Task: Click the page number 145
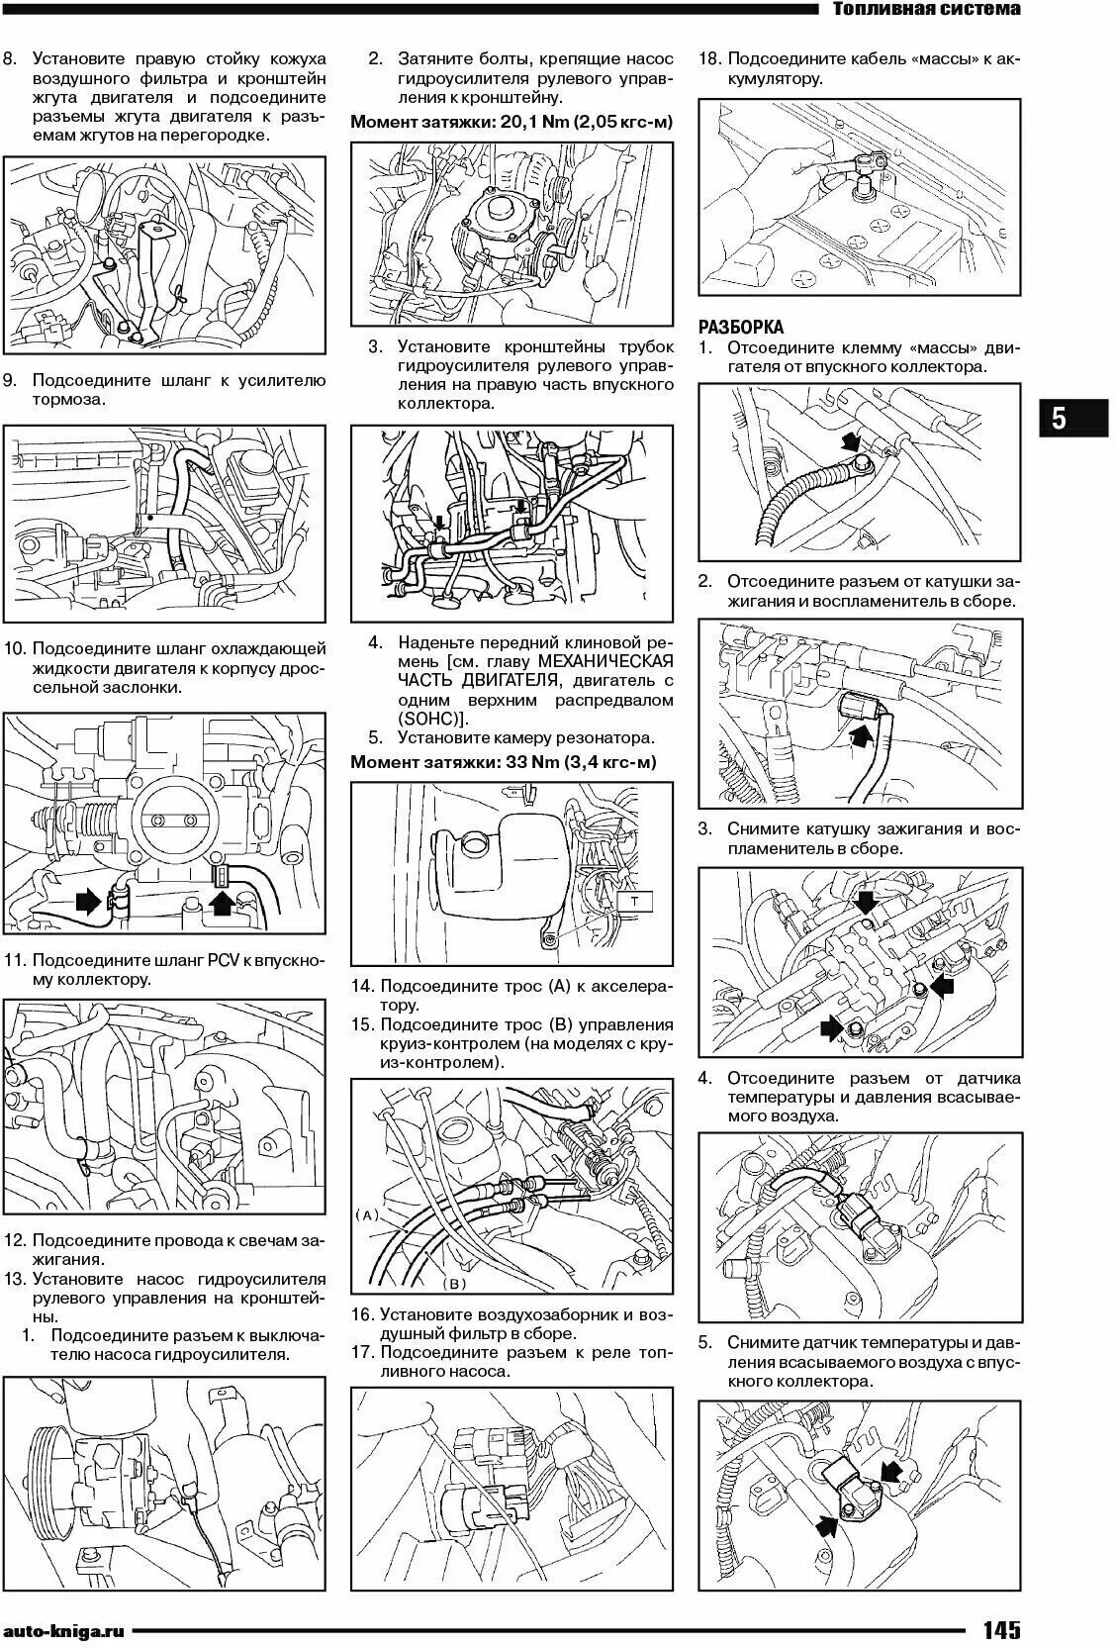click(x=1001, y=1629)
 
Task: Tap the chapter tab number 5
click(x=1058, y=419)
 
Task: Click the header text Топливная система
click(x=926, y=10)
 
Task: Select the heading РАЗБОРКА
click(x=741, y=327)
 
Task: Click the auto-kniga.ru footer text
click(x=65, y=1630)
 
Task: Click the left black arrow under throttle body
click(x=88, y=899)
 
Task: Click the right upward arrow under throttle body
click(x=225, y=899)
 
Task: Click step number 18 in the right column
click(x=708, y=58)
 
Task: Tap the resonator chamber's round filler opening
click(x=474, y=844)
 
